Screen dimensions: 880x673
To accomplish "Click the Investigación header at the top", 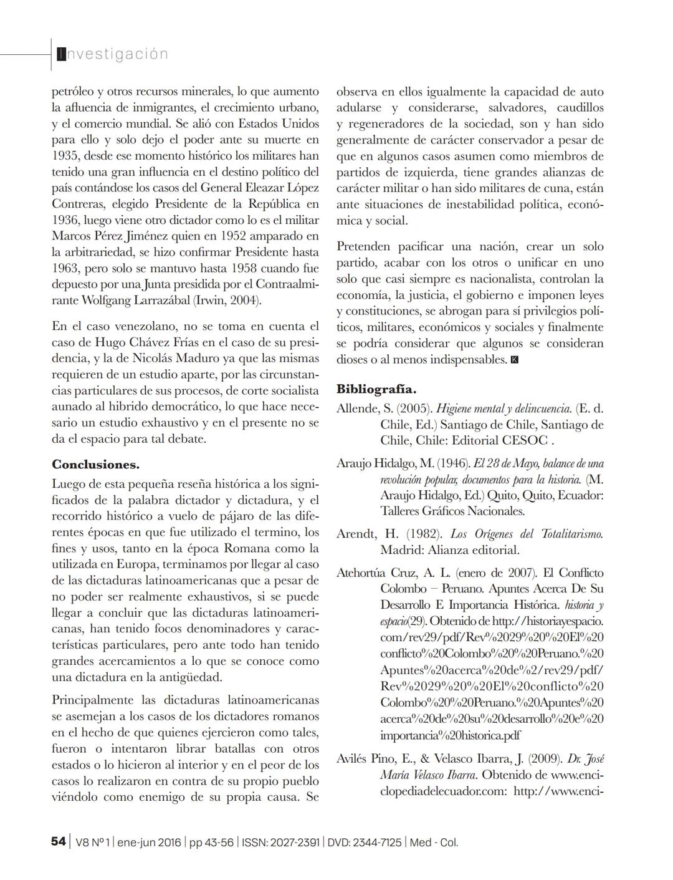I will (x=112, y=54).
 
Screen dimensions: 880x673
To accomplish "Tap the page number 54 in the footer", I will (x=58, y=842).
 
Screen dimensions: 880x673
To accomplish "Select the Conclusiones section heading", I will (x=95, y=465).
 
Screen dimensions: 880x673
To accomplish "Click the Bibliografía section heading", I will (x=376, y=389).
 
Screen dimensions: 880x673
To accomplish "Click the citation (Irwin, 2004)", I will (x=227, y=301).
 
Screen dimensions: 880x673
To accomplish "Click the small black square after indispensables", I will (x=515, y=360).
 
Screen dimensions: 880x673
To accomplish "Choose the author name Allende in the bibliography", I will (x=356, y=409).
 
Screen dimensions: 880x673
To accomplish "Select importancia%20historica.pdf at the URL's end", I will (x=450, y=735).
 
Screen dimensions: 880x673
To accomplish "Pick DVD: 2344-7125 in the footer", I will (x=365, y=843).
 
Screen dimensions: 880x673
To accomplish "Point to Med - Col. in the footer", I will (x=434, y=843).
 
